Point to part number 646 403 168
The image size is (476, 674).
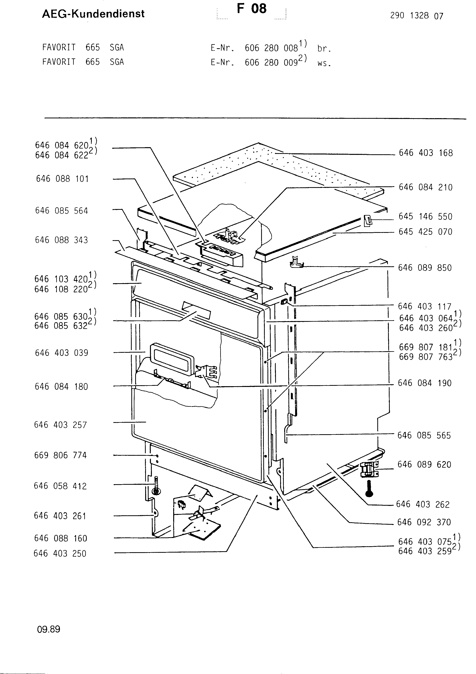tap(426, 153)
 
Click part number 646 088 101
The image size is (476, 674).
tap(62, 179)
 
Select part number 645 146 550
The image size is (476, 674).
tap(425, 217)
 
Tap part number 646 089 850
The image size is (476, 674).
tap(425, 268)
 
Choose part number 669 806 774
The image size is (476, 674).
tap(60, 455)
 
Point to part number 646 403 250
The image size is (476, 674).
tap(60, 554)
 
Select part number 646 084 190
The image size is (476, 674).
tap(425, 383)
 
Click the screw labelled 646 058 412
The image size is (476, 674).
tap(156, 485)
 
